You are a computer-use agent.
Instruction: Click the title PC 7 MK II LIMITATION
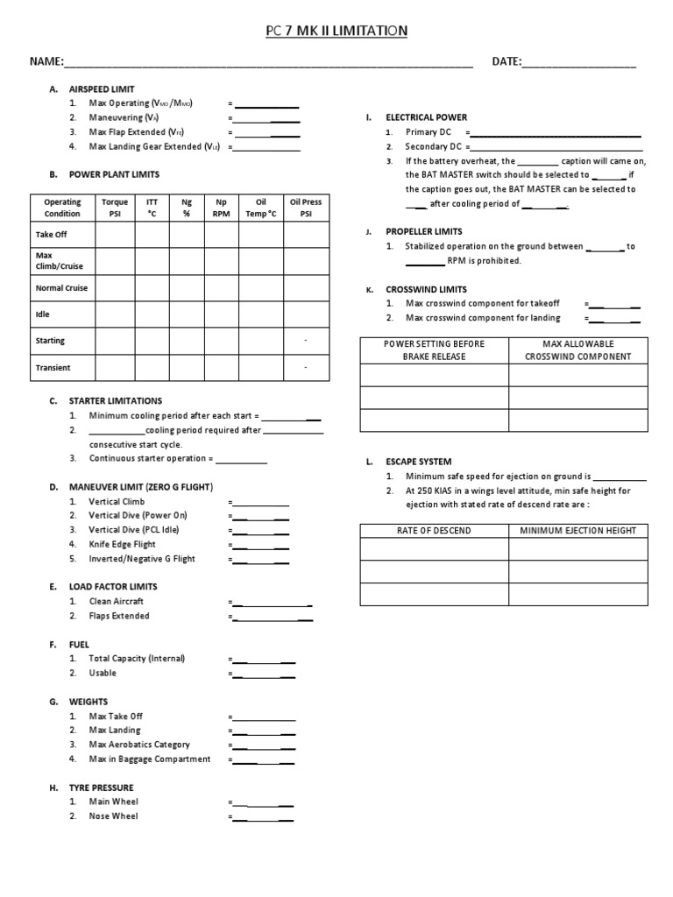pyautogui.click(x=336, y=32)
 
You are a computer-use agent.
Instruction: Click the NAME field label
pyautogui.click(x=46, y=62)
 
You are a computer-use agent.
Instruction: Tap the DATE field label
pyautogui.click(x=507, y=62)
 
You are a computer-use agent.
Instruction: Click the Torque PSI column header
pyautogui.click(x=115, y=208)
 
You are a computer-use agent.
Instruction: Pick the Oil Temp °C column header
pyautogui.click(x=261, y=208)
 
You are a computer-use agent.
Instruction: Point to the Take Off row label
pyautogui.click(x=51, y=235)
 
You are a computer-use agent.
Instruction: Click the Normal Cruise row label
pyautogui.click(x=61, y=288)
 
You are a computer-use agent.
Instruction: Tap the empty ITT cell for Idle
pyautogui.click(x=152, y=314)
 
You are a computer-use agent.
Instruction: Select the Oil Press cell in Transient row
pyautogui.click(x=305, y=368)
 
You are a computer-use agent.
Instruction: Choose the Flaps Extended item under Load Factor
pyautogui.click(x=119, y=616)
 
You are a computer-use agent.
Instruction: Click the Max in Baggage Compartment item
pyautogui.click(x=150, y=759)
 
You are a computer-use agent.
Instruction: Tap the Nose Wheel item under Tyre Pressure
pyautogui.click(x=114, y=816)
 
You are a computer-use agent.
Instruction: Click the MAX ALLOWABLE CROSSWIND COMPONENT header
pyautogui.click(x=577, y=350)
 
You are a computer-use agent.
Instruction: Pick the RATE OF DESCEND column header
pyautogui.click(x=435, y=531)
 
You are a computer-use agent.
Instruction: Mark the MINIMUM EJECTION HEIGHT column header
pyautogui.click(x=577, y=531)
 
